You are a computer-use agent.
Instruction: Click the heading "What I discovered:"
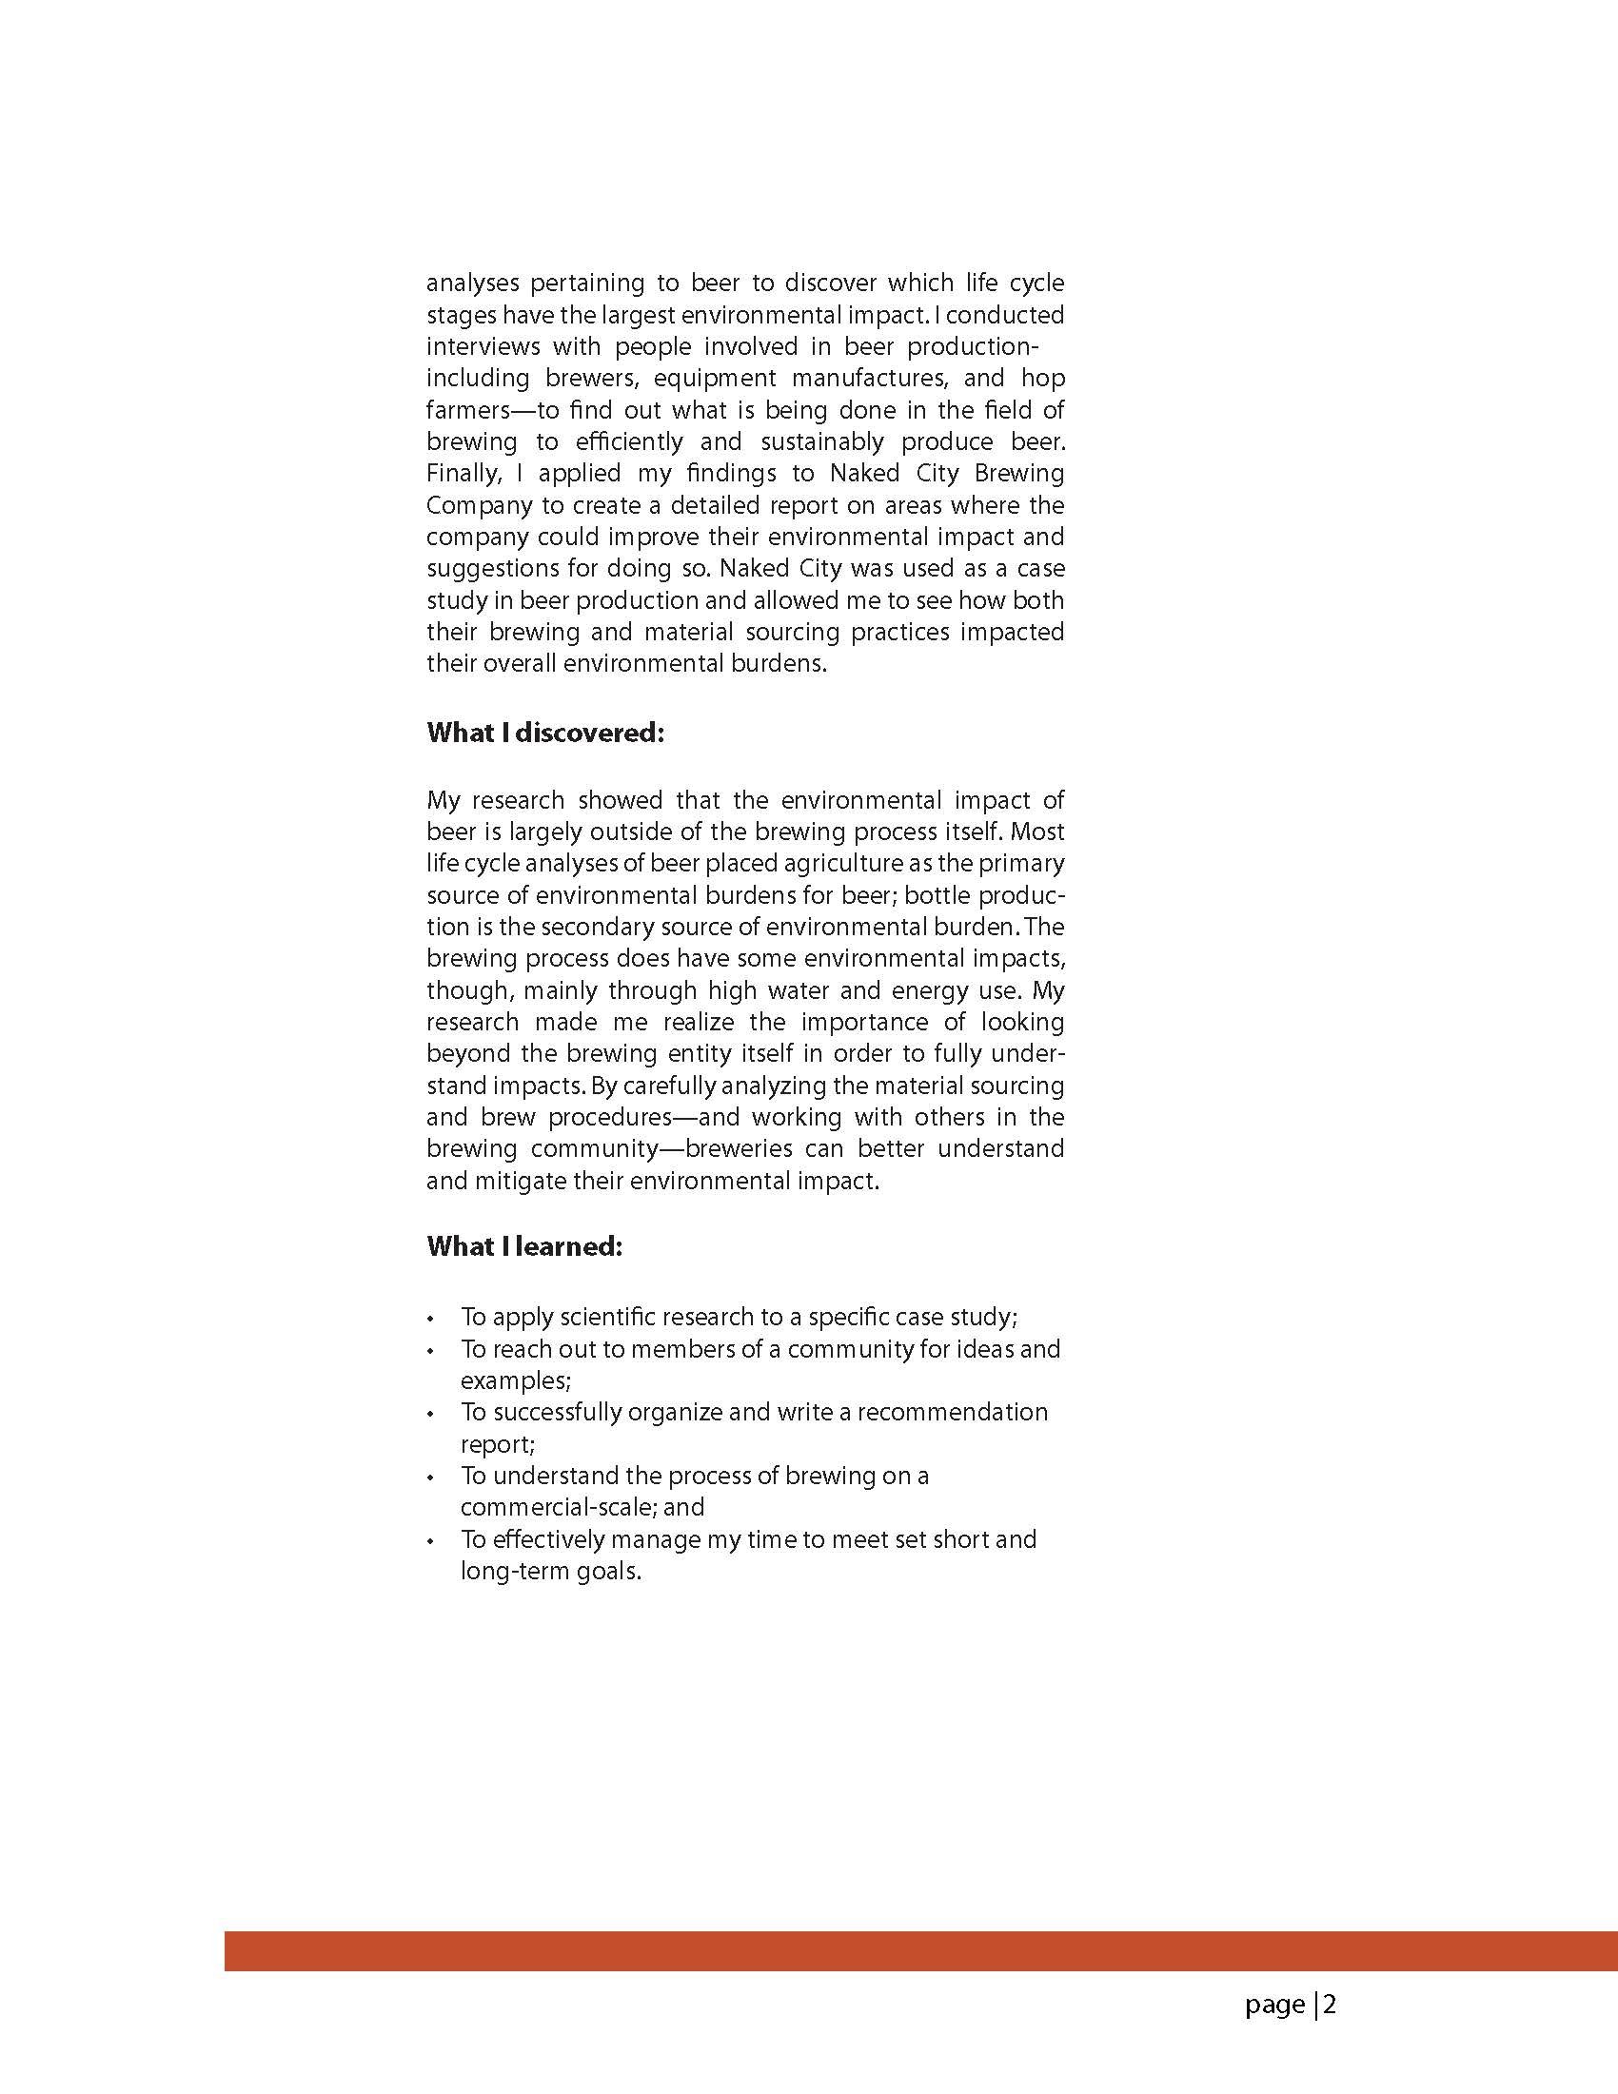[544, 733]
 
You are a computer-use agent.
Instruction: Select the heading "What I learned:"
[524, 1246]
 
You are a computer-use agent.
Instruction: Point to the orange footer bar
[920, 1951]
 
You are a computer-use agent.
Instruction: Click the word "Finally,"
[464, 474]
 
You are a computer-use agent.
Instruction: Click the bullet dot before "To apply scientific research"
[431, 1319]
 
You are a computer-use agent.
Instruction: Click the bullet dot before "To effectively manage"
[431, 1542]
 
